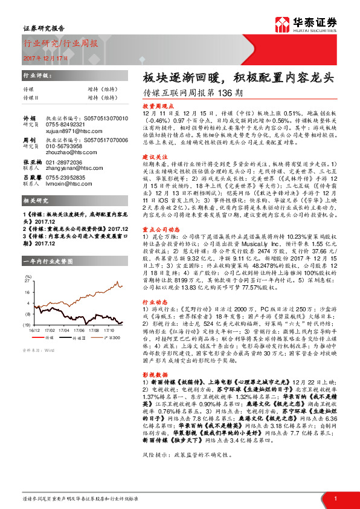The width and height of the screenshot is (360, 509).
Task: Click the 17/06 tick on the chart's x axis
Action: click(x=78, y=331)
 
